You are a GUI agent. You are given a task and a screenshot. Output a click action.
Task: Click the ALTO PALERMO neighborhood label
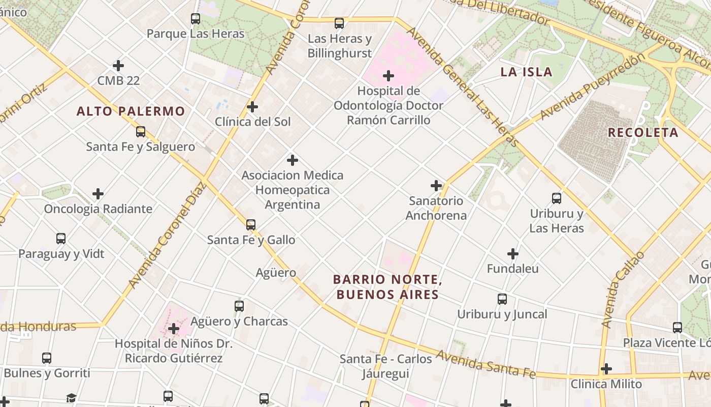click(131, 111)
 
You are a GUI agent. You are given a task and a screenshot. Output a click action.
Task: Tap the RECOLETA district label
click(643, 132)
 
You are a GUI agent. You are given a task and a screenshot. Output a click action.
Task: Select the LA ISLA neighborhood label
click(526, 72)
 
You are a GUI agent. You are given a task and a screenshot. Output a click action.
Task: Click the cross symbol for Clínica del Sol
click(252, 107)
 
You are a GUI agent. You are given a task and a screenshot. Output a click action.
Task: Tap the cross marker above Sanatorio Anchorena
click(436, 186)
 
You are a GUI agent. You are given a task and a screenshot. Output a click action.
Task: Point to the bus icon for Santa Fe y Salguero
click(141, 132)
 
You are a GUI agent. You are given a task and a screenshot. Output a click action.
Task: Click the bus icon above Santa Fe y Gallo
click(251, 224)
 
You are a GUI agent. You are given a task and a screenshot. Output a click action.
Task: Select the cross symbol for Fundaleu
click(513, 253)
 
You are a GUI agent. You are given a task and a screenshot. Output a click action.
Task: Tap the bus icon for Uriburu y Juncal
click(502, 299)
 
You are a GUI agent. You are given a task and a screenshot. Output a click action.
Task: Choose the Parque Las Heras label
click(196, 34)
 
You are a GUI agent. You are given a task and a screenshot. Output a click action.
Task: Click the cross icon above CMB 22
click(118, 66)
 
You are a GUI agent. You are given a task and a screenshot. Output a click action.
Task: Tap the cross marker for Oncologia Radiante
click(98, 194)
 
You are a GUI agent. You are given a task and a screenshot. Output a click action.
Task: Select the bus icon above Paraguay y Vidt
click(61, 238)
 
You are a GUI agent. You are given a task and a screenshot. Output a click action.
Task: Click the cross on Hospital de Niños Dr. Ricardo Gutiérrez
click(174, 328)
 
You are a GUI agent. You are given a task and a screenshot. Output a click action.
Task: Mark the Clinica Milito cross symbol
click(606, 369)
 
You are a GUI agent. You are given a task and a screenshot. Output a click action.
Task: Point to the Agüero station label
click(276, 272)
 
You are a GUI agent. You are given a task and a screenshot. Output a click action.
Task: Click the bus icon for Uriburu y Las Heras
click(557, 198)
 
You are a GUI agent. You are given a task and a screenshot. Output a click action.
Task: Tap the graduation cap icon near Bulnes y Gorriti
click(71, 398)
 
